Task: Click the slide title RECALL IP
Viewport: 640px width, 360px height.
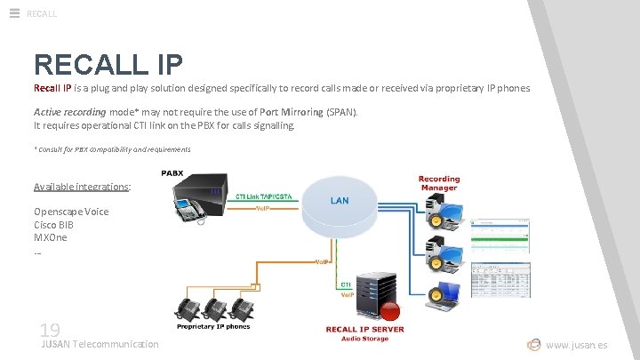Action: click(108, 65)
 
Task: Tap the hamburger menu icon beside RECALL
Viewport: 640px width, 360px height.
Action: click(14, 12)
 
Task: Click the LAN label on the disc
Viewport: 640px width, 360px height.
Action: click(340, 201)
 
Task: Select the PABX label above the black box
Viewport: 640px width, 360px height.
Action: click(173, 172)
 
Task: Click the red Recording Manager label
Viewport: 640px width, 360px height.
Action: click(439, 183)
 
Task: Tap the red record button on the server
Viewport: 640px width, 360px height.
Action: click(390, 313)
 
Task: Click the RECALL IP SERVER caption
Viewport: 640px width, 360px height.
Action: click(364, 330)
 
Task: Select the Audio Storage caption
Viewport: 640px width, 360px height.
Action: click(364, 339)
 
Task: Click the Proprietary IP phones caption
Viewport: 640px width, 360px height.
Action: click(213, 327)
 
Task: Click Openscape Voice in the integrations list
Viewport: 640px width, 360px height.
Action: click(71, 212)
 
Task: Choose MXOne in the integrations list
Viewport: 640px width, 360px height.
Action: click(51, 237)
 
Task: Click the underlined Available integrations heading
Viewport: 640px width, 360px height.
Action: click(83, 187)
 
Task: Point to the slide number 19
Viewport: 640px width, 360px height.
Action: click(50, 332)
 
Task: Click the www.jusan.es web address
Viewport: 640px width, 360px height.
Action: click(577, 345)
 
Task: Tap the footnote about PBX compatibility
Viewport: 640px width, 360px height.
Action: click(112, 149)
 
